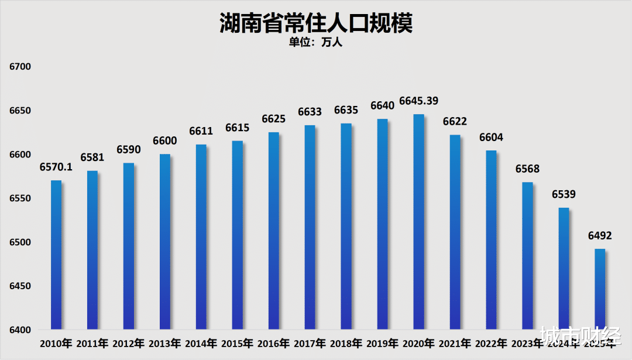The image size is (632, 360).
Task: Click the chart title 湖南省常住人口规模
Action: [316, 23]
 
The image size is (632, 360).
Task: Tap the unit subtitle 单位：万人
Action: [316, 42]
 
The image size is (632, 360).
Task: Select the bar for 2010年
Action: [56, 255]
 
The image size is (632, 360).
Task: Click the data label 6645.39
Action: [419, 101]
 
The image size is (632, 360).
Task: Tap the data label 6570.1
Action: [56, 167]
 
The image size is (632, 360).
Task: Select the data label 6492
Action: [600, 236]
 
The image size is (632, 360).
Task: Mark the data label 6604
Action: [492, 138]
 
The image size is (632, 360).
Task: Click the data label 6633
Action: [310, 112]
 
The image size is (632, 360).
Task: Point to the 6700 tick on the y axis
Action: [20, 67]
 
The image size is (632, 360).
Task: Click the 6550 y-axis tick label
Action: [20, 198]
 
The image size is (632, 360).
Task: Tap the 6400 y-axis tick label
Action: [20, 330]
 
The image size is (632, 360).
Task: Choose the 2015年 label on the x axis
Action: [237, 343]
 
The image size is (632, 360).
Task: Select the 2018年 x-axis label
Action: [346, 343]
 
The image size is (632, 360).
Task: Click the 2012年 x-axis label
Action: [128, 343]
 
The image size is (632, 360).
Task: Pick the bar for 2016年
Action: [274, 231]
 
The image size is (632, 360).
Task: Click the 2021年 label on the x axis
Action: [455, 343]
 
